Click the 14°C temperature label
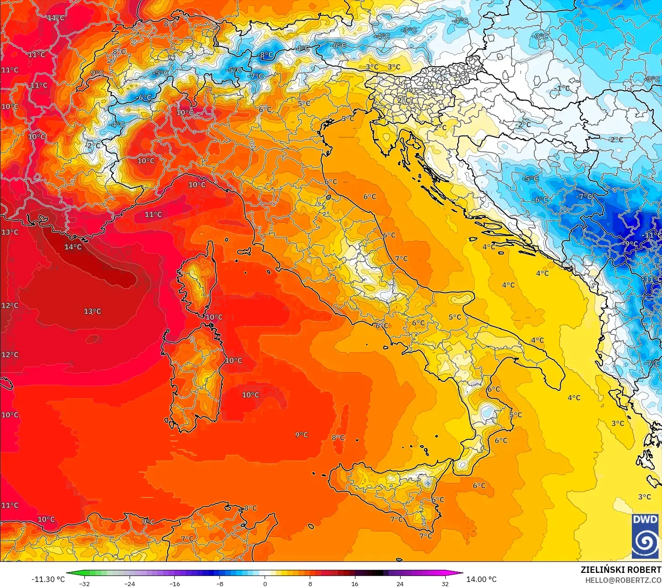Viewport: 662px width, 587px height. [x=73, y=247]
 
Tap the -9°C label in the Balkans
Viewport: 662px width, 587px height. [x=631, y=244]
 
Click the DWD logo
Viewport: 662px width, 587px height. [x=645, y=536]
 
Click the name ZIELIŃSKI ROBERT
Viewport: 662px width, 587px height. [x=620, y=570]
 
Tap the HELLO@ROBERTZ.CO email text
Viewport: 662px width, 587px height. [x=623, y=580]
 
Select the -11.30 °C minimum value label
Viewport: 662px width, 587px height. [x=48, y=579]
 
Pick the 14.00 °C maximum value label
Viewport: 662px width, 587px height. [x=481, y=579]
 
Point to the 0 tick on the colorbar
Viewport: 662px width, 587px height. [x=265, y=583]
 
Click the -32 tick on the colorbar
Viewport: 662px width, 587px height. [x=84, y=583]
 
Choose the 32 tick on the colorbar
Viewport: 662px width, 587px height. [x=445, y=583]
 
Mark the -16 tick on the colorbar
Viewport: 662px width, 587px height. [x=175, y=583]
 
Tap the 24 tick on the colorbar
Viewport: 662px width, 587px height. [x=400, y=583]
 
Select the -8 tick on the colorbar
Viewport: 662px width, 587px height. [x=220, y=583]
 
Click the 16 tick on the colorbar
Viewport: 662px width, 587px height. [x=354, y=583]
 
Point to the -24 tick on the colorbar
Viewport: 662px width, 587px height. [x=130, y=583]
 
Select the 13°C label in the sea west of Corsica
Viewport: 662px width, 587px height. [x=92, y=312]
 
